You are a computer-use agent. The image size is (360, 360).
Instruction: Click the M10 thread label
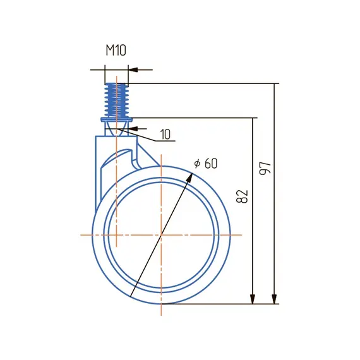click(116, 51)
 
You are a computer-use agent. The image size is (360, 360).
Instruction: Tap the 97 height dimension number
click(265, 168)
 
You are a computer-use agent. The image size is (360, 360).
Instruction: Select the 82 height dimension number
click(243, 196)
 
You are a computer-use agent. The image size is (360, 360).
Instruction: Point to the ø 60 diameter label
click(205, 164)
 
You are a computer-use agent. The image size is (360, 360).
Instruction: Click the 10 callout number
click(165, 135)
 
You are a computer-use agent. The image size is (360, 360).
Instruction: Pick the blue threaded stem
click(116, 100)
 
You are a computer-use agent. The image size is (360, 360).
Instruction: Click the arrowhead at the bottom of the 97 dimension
click(274, 299)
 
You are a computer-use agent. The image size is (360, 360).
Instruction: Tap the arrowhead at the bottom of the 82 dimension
click(253, 299)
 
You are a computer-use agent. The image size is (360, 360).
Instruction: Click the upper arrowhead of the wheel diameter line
click(190, 177)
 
